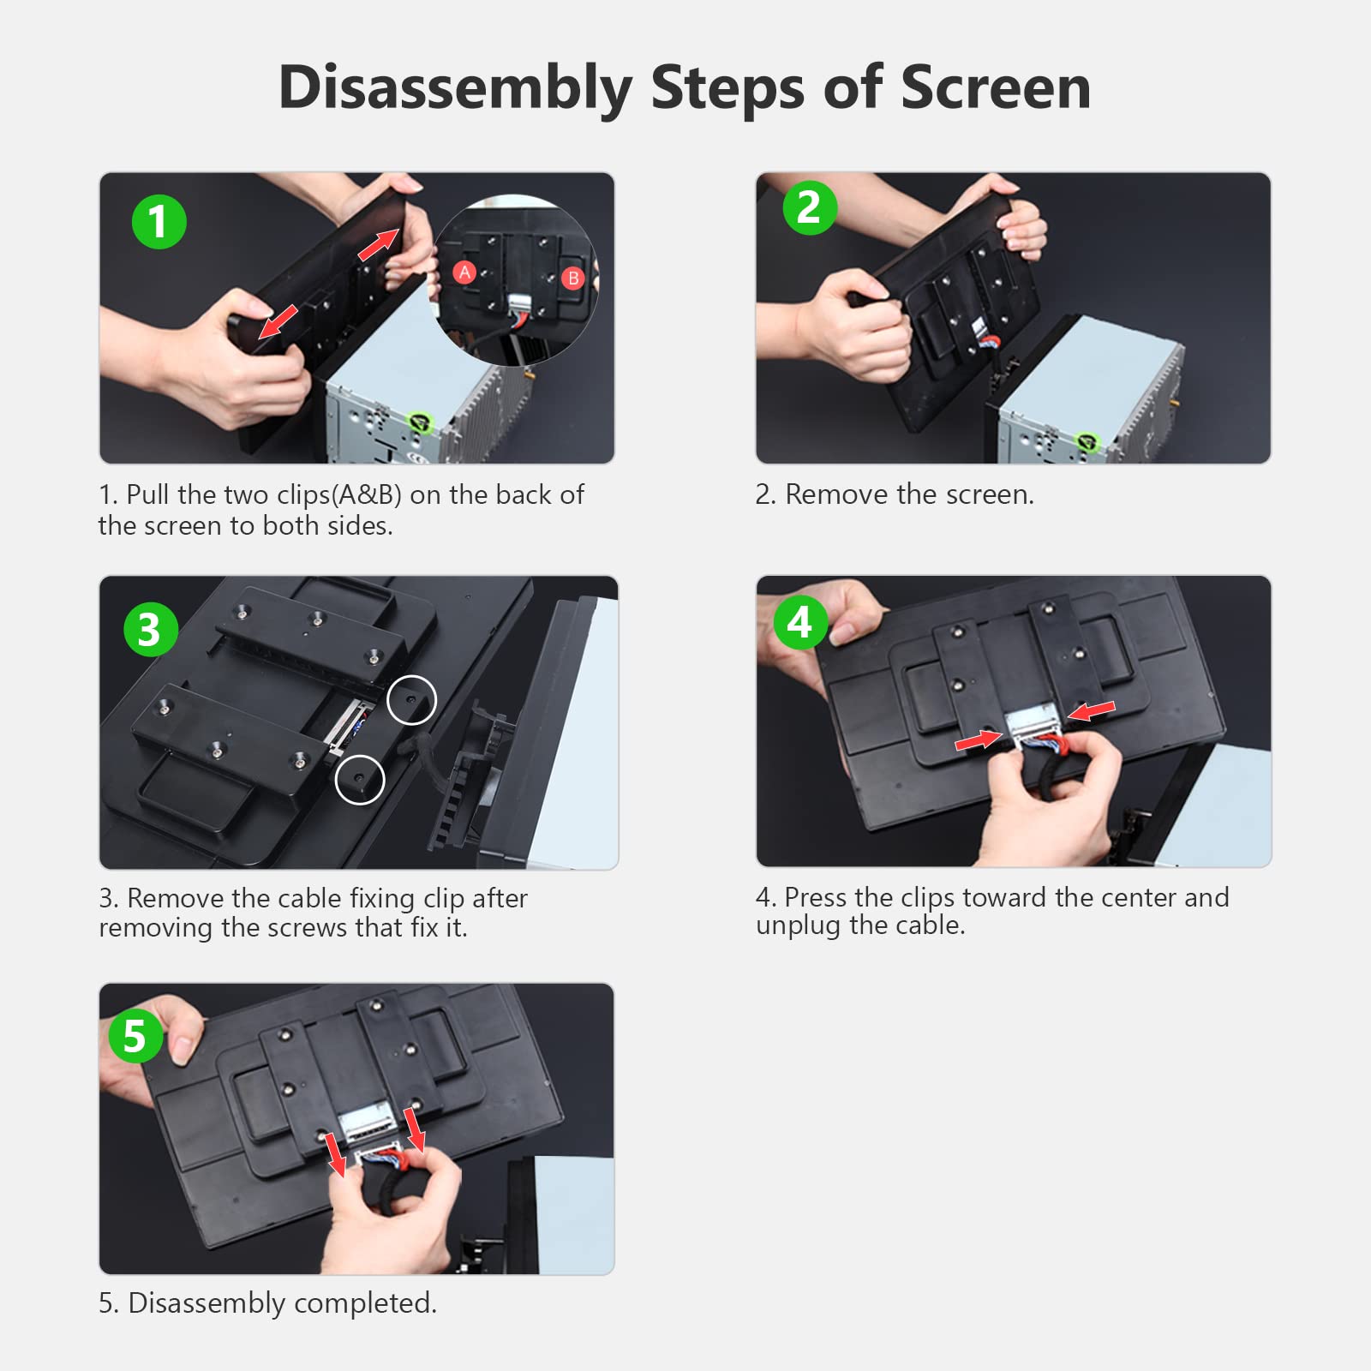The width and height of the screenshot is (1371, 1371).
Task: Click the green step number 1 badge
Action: point(159,221)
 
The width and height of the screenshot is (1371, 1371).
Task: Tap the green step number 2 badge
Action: point(810,207)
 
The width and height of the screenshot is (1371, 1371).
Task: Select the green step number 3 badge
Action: point(151,629)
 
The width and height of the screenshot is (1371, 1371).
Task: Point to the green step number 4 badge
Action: point(801,622)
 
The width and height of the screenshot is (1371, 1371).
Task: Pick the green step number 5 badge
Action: point(136,1035)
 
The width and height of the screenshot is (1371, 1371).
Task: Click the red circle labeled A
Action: point(464,272)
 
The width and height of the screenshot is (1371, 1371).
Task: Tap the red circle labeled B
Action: point(573,278)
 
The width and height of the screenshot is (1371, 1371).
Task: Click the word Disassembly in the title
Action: point(456,88)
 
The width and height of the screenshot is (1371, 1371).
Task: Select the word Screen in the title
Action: point(996,87)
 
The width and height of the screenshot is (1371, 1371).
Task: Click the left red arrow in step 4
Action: point(979,740)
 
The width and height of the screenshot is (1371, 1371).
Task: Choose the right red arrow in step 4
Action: point(1091,710)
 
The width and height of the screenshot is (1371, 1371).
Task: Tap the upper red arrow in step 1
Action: point(379,244)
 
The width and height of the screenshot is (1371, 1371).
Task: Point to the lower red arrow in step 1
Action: point(278,321)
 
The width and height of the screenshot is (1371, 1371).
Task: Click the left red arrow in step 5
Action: point(335,1154)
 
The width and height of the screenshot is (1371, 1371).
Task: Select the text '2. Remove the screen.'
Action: point(895,494)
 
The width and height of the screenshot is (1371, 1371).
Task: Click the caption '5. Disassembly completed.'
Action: point(267,1303)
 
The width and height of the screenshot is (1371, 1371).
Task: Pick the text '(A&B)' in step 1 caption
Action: point(367,495)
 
